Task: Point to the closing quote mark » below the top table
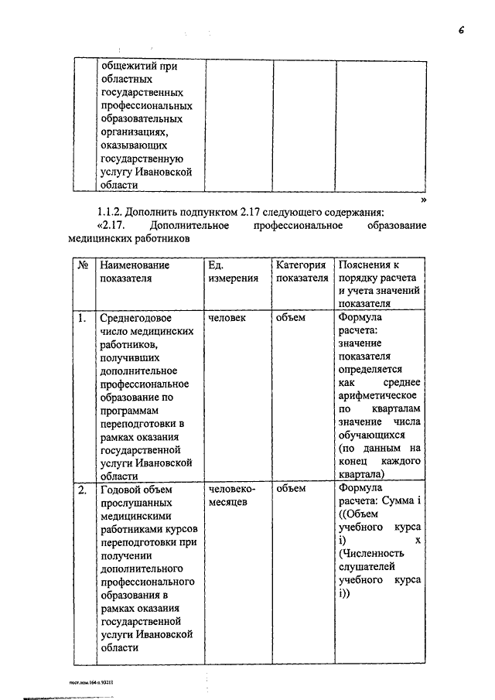[423, 199]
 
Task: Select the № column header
[83, 265]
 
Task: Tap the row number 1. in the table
[82, 317]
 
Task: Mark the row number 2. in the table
[82, 489]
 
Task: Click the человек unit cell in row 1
[228, 317]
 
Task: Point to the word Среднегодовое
[137, 317]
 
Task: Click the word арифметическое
[379, 396]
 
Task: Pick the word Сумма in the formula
[396, 502]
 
